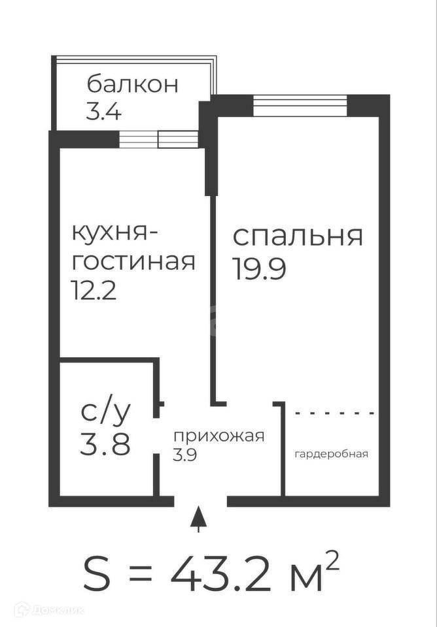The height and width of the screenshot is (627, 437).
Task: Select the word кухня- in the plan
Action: tap(115, 234)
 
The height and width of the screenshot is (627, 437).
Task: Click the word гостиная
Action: tap(133, 261)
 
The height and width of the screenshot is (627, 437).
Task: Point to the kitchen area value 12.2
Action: tap(94, 289)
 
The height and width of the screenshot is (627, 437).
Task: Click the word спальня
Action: tap(298, 236)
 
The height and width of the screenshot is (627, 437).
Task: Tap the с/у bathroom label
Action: tap(106, 412)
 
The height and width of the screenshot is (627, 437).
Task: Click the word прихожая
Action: tap(218, 436)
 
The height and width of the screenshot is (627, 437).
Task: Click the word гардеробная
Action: tap(331, 454)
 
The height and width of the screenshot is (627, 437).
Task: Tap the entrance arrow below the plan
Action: tap(200, 520)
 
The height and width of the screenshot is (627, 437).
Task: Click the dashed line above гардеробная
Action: tap(335, 413)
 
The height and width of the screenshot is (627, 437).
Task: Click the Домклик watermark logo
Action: tap(49, 611)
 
